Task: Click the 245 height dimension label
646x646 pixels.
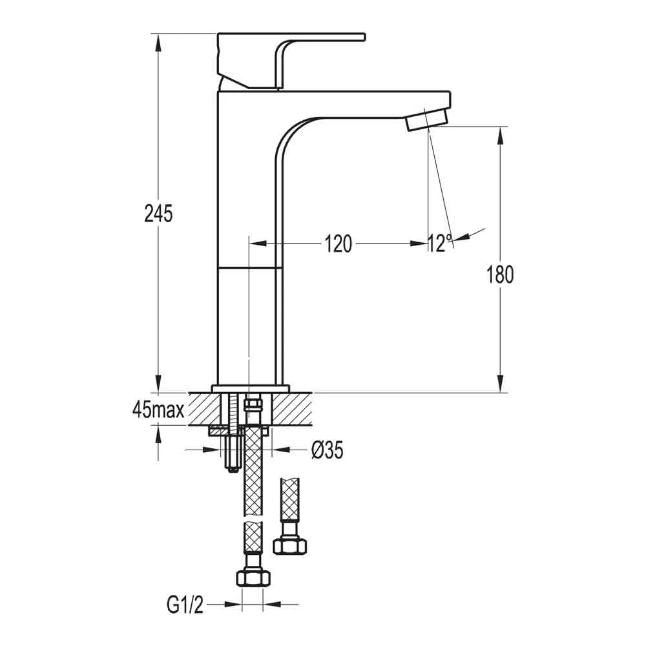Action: pyautogui.click(x=158, y=213)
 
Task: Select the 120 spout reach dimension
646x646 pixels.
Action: pyautogui.click(x=338, y=244)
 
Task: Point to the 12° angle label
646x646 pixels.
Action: pyautogui.click(x=440, y=244)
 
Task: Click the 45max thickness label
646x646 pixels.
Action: pyautogui.click(x=158, y=409)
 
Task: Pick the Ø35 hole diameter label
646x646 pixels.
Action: pyautogui.click(x=326, y=450)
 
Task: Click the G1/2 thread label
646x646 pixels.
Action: pyautogui.click(x=185, y=605)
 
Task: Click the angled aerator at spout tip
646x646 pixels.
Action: pyautogui.click(x=426, y=120)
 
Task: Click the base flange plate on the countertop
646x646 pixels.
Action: pyautogui.click(x=250, y=388)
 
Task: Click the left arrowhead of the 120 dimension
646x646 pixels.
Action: pyautogui.click(x=256, y=244)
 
